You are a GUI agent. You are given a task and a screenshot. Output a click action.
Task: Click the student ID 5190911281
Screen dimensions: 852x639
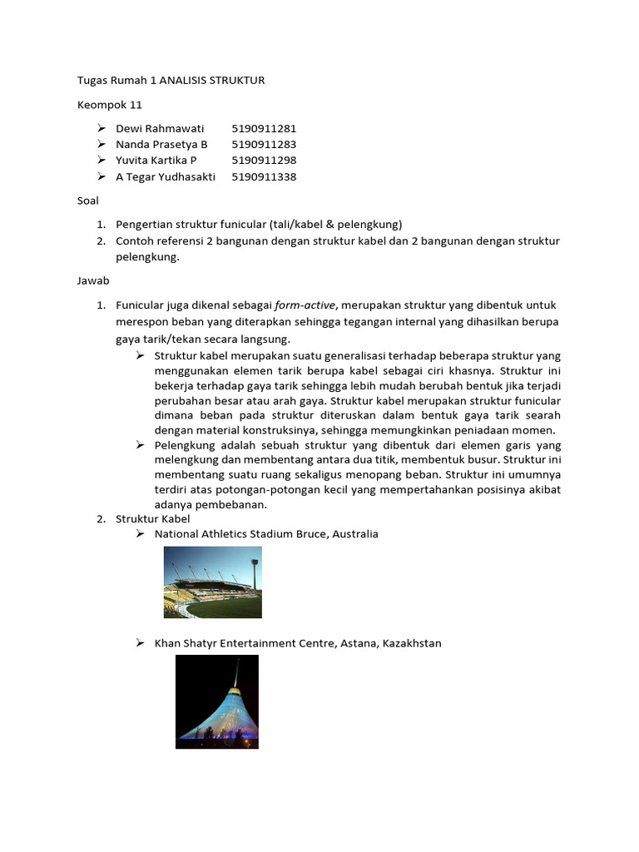click(x=264, y=128)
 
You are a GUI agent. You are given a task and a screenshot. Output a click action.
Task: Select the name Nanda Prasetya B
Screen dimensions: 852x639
click(x=161, y=145)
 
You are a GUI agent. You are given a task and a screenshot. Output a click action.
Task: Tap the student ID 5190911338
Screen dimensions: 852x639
click(x=264, y=176)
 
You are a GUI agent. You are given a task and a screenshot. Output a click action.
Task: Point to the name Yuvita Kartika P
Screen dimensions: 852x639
click(x=156, y=161)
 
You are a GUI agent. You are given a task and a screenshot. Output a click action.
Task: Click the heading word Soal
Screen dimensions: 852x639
click(x=87, y=201)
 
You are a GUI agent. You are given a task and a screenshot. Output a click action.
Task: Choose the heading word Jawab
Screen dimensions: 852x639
click(x=92, y=281)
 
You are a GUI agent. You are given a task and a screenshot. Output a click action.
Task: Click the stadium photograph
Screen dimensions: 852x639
click(x=212, y=582)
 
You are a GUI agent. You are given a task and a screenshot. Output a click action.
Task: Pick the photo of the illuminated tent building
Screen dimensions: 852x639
click(x=216, y=701)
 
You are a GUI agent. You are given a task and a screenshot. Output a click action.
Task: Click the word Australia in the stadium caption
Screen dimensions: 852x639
click(x=355, y=534)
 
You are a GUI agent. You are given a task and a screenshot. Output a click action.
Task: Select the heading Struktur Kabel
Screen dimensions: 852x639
click(x=152, y=519)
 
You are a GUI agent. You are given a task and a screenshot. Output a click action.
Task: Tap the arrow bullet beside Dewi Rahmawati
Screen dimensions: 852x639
click(x=101, y=128)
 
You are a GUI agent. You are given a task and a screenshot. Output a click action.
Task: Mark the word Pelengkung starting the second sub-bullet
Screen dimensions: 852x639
click(x=182, y=445)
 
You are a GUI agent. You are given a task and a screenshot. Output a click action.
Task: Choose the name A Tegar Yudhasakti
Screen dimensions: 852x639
click(x=166, y=176)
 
